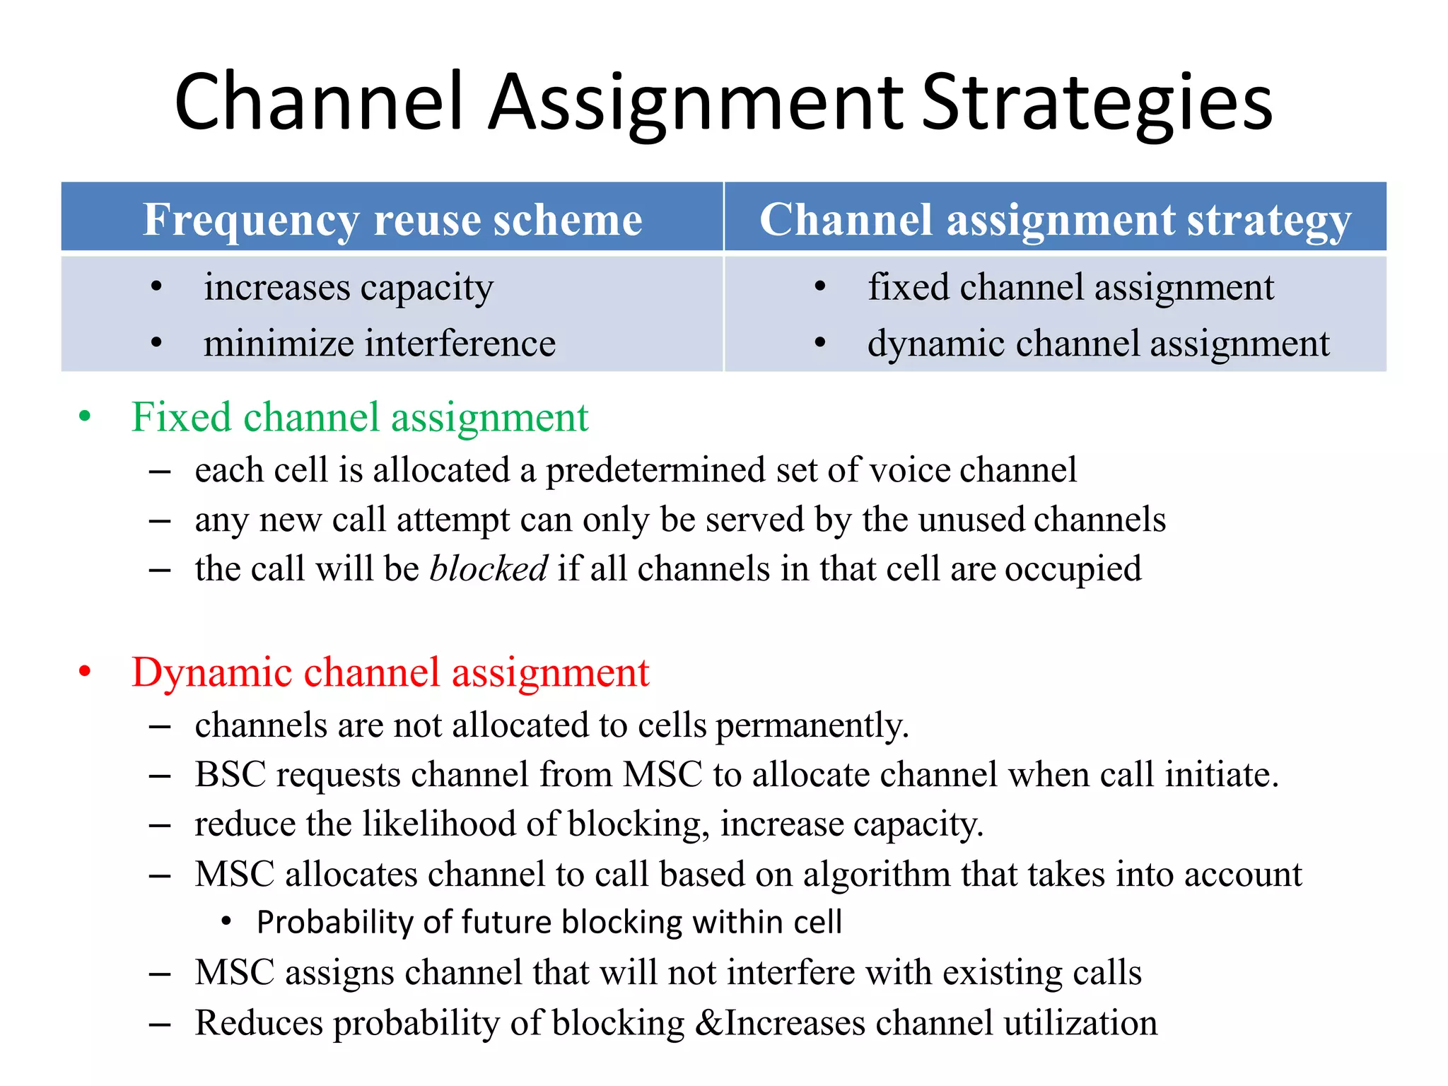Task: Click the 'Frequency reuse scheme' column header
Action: pos(392,219)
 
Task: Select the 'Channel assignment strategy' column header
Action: pos(1055,219)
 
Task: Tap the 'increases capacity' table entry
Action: pos(349,288)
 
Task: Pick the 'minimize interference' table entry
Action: pos(380,344)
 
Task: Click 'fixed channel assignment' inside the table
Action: pos(1070,288)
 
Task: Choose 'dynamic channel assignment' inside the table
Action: pos(1098,344)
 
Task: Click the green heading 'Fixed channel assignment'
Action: pos(360,417)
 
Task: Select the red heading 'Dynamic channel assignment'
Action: pos(390,672)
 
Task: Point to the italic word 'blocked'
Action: pos(489,568)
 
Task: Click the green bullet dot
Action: pos(85,416)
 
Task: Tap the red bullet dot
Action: pos(85,672)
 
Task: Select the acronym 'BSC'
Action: pos(230,775)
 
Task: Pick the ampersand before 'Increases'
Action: pos(709,1023)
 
